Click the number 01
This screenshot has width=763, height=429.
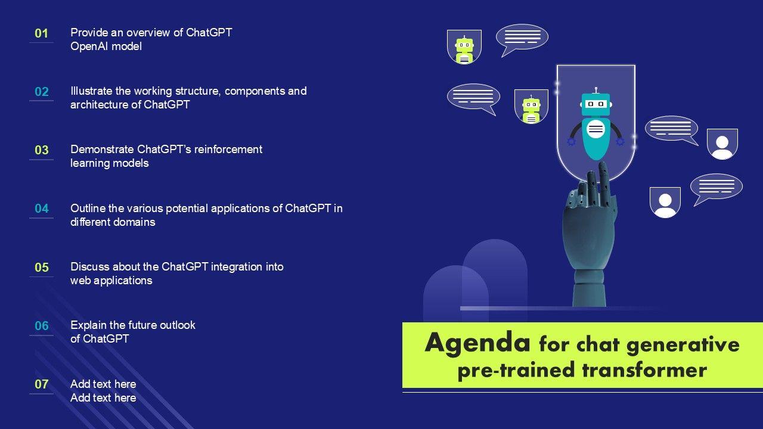(x=41, y=33)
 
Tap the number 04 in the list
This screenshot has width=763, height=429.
(x=42, y=209)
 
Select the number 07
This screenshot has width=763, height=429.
(x=42, y=384)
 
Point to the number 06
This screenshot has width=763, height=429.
(x=42, y=326)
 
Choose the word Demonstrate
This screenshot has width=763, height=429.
(x=102, y=150)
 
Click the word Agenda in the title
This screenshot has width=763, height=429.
(x=477, y=343)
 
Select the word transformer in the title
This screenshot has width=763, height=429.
(x=644, y=370)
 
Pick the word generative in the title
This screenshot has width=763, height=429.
(x=683, y=345)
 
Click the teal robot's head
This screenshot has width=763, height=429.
(x=596, y=104)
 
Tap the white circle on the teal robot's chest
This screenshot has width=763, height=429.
(x=595, y=129)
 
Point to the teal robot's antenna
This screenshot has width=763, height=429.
(x=595, y=90)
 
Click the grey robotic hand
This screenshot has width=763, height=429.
(x=590, y=235)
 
